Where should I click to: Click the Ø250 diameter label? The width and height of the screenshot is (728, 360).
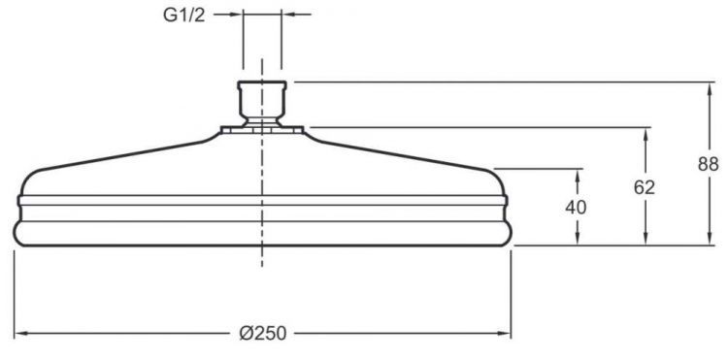click(x=264, y=333)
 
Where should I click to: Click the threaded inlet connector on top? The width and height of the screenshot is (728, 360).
click(x=262, y=100)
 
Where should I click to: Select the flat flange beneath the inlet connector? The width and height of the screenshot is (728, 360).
click(x=262, y=127)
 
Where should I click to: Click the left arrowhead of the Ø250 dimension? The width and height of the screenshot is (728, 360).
click(x=19, y=333)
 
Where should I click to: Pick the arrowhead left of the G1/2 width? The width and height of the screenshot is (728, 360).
click(x=236, y=15)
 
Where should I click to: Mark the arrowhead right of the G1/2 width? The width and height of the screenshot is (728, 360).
click(x=288, y=15)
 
